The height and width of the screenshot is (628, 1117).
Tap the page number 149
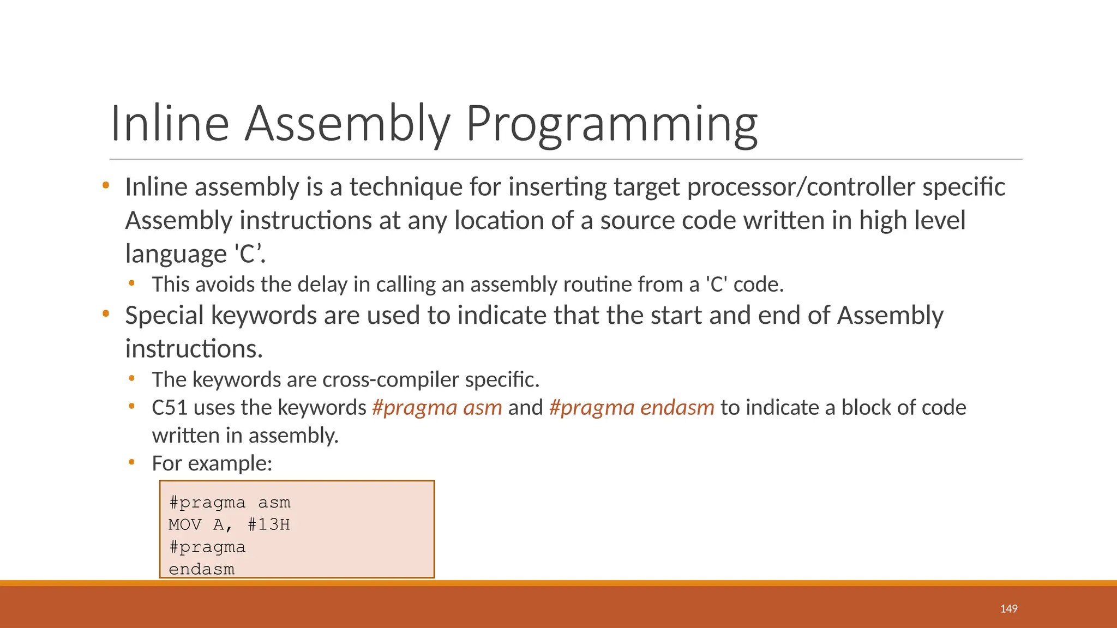1008,609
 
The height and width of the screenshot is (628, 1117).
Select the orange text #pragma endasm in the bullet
632,408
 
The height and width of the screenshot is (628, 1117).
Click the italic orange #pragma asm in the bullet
437,408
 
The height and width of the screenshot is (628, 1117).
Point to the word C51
169,408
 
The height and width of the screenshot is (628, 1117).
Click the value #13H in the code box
268,524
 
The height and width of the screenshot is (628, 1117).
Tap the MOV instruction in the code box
185,524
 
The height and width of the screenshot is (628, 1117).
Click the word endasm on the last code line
201,569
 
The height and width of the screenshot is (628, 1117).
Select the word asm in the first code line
274,502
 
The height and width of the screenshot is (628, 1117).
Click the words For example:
212,463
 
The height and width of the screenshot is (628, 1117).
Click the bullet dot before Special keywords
106,314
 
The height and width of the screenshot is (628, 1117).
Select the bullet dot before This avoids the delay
131,283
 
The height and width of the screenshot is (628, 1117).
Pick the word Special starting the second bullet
164,316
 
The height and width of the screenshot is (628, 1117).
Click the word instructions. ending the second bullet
194,349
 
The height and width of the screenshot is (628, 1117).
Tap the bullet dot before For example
131,462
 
